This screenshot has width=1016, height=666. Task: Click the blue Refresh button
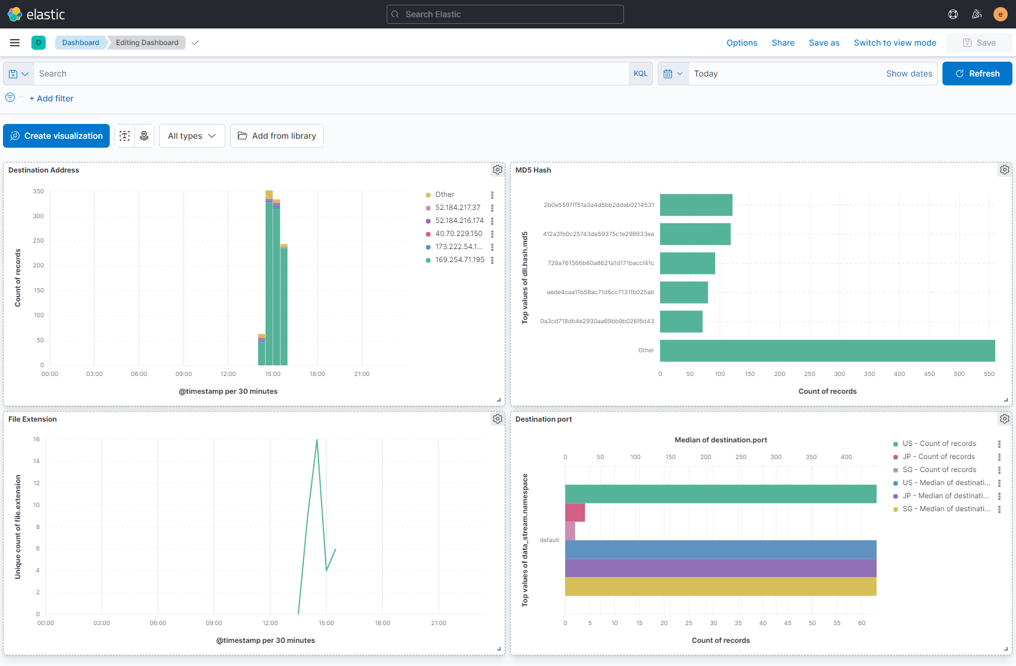click(x=977, y=74)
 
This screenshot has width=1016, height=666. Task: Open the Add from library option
click(x=277, y=136)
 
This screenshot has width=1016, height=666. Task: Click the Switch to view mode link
click(x=894, y=43)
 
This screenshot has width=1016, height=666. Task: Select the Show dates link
click(x=909, y=74)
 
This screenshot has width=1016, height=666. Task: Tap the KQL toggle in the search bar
click(x=641, y=74)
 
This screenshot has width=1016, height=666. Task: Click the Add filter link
click(x=52, y=98)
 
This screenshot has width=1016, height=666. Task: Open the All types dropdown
click(x=192, y=136)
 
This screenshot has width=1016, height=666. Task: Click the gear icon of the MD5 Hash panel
click(x=1004, y=170)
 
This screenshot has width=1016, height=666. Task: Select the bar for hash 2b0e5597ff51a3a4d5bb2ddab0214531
click(x=696, y=205)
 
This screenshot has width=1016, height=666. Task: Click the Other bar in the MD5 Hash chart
click(x=827, y=350)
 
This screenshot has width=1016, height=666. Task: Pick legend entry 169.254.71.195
click(x=459, y=260)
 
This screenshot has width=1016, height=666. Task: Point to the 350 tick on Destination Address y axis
click(x=38, y=192)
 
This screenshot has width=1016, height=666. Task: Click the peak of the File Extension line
click(x=317, y=440)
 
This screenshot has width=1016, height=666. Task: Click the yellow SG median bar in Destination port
click(x=720, y=587)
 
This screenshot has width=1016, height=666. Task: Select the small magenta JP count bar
click(x=575, y=512)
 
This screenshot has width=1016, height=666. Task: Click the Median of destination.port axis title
click(x=720, y=440)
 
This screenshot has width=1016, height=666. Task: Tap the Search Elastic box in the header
click(x=505, y=14)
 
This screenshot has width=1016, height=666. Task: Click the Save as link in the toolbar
click(x=824, y=43)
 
